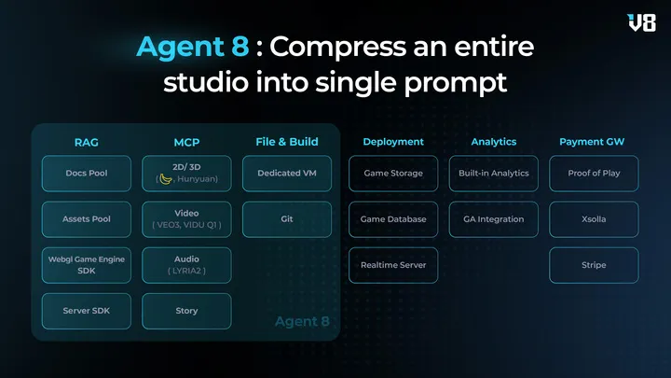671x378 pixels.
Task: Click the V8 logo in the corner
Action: click(x=642, y=22)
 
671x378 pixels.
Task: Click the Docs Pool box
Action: click(x=87, y=173)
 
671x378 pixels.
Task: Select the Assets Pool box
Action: click(x=87, y=219)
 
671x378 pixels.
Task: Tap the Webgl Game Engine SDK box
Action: click(x=87, y=265)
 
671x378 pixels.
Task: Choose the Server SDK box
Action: click(x=87, y=311)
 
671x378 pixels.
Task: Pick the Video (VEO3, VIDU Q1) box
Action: click(x=186, y=219)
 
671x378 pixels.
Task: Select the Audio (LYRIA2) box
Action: click(x=186, y=265)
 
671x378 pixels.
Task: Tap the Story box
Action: click(x=186, y=311)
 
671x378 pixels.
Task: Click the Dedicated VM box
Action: click(x=287, y=173)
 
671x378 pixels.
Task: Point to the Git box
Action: click(x=287, y=219)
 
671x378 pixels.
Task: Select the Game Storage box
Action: click(x=392, y=173)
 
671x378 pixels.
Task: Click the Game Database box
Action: click(x=392, y=219)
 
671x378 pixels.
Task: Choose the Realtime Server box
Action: click(x=392, y=265)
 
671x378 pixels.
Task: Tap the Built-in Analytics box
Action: click(x=494, y=173)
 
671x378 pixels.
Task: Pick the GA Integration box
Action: click(x=494, y=219)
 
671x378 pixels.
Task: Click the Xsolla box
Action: click(x=594, y=219)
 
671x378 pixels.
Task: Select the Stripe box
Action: click(x=594, y=265)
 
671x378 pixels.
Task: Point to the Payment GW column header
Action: click(x=592, y=142)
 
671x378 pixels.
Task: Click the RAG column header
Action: click(x=87, y=143)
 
